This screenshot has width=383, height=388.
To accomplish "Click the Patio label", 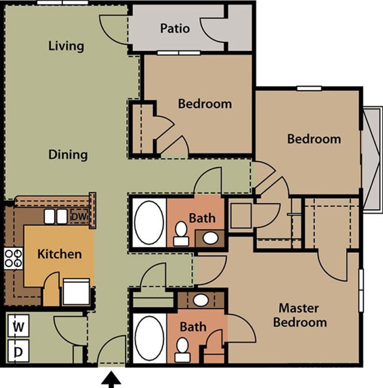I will (x=175, y=28).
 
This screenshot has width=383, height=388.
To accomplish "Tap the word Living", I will (x=66, y=46).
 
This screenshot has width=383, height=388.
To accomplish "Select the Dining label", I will (x=68, y=155).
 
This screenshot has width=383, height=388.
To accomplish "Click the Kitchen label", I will (x=59, y=254).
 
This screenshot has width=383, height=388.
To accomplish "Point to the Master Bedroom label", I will (x=300, y=315).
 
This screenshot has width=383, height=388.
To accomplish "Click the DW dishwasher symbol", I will (x=80, y=216).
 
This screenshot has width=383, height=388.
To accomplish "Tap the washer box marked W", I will (x=18, y=326).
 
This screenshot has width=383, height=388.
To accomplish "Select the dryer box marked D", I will (x=18, y=351).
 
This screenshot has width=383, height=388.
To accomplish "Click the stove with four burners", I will (x=14, y=258).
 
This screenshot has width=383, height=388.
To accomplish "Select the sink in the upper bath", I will (x=210, y=238).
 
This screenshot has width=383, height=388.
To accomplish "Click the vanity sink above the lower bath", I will (x=201, y=300).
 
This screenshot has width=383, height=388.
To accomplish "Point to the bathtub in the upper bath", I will (x=149, y=223).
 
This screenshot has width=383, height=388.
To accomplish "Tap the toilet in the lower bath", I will (x=183, y=349).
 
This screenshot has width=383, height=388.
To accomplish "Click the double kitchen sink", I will (x=55, y=216).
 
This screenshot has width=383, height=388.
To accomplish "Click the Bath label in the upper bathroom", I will (x=202, y=218).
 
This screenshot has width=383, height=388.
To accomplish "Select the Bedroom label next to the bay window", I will (x=314, y=139).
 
